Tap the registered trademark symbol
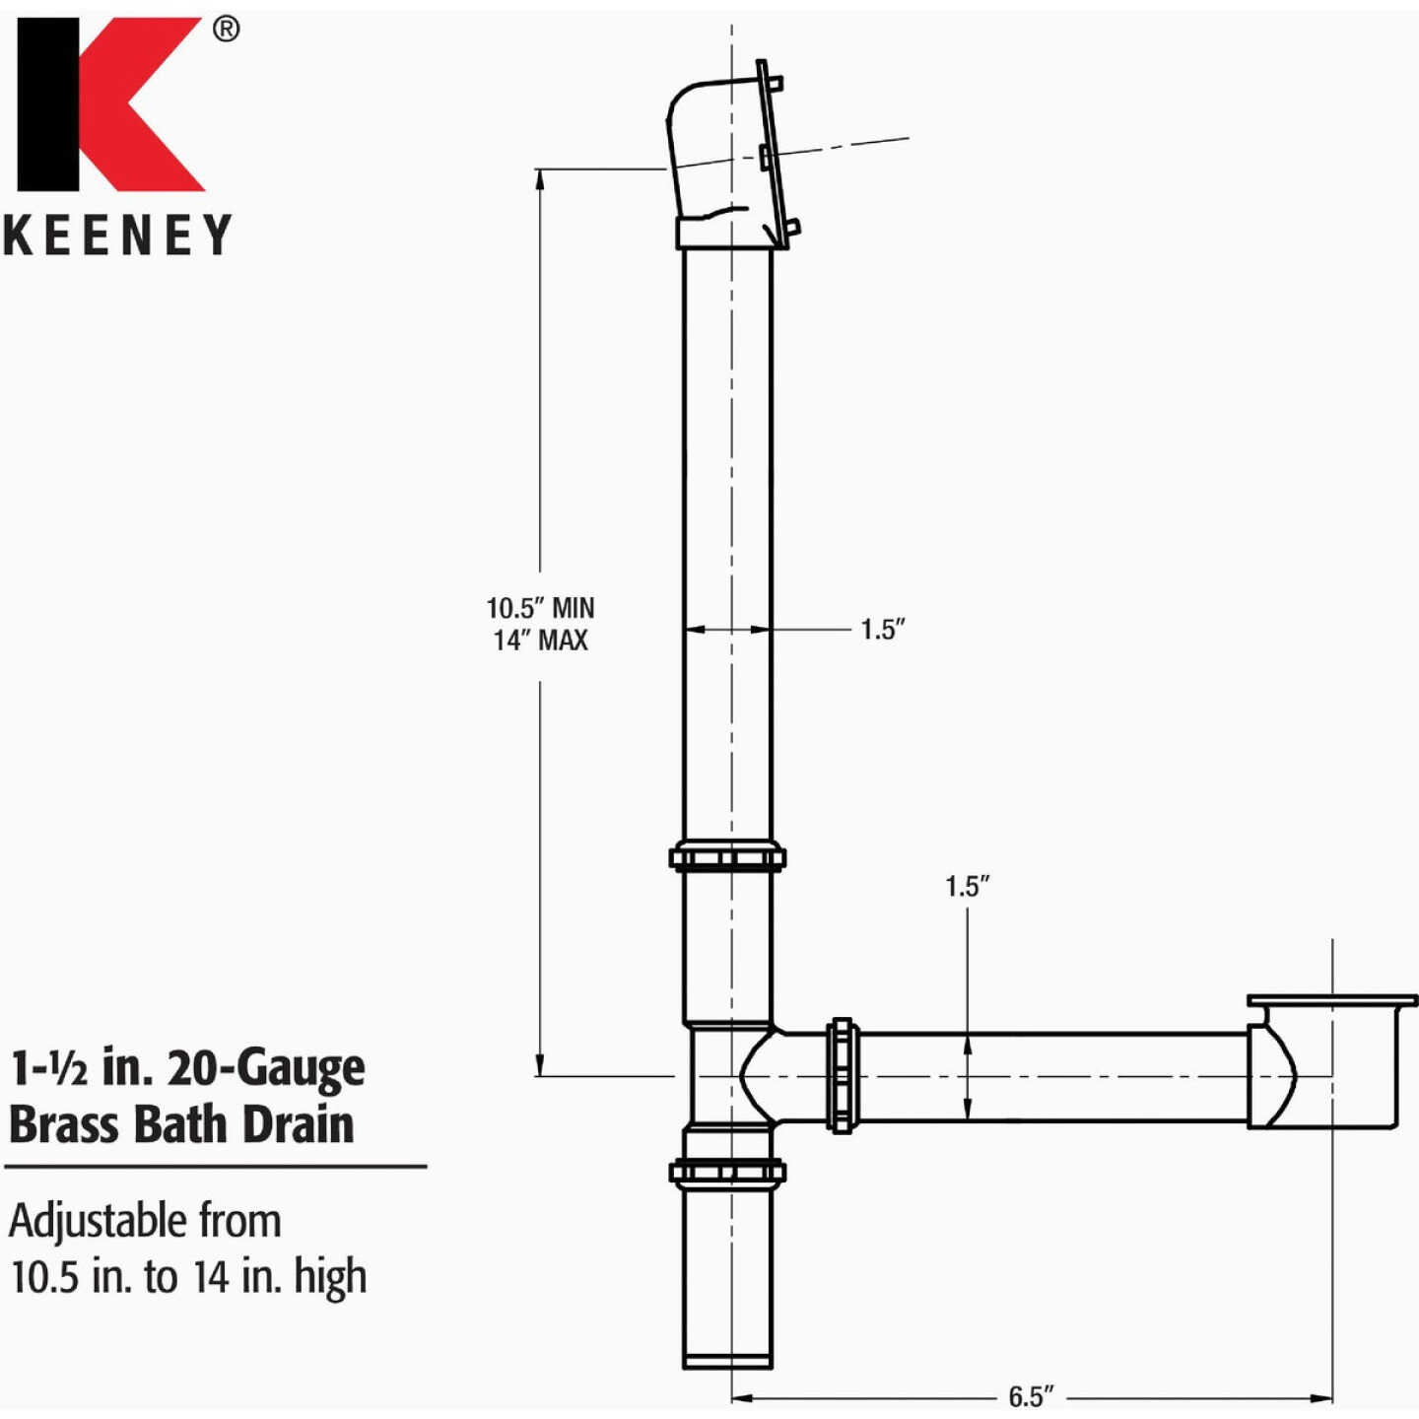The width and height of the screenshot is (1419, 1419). (226, 30)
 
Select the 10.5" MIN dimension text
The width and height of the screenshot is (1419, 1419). (540, 608)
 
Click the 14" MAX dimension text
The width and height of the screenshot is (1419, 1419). (540, 641)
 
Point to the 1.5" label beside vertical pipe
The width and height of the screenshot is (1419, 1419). (882, 630)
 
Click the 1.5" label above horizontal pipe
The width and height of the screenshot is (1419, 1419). (967, 886)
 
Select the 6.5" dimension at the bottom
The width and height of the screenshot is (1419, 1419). (1031, 1396)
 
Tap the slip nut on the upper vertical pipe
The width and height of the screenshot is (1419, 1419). (727, 857)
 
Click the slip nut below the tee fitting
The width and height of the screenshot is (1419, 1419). (727, 1172)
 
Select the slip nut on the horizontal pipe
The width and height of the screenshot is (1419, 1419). (842, 1075)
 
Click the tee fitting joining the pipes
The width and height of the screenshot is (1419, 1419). (729, 1075)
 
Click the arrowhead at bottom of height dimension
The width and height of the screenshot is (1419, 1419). (539, 1066)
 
